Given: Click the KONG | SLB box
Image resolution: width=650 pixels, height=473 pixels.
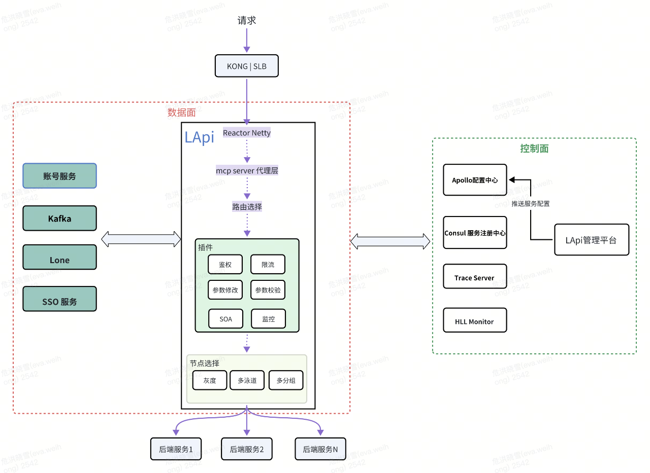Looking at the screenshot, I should coord(247,66).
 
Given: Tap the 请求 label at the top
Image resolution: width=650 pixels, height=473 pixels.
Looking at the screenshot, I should coord(247,21).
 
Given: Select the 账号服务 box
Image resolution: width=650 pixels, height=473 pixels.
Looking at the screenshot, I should coord(59,176).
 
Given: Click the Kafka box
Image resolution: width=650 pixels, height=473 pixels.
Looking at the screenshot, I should coord(59,219).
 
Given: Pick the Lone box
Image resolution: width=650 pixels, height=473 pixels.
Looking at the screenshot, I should coord(59,260).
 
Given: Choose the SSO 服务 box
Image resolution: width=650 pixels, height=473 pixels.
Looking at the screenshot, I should coord(59,301).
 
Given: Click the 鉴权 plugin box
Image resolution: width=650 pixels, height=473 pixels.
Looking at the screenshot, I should coord(225,264).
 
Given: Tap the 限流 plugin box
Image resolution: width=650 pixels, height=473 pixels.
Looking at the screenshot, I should coord(268,264).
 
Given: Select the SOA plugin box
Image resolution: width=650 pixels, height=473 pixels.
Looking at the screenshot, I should coord(225,319).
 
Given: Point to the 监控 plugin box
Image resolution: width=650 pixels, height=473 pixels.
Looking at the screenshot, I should coord(268,319).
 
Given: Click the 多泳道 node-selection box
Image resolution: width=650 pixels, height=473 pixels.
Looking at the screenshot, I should coord(247,380).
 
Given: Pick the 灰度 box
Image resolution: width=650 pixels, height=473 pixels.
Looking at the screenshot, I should coord(210,380).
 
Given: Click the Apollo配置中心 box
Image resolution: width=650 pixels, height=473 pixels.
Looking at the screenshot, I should coord(475,180).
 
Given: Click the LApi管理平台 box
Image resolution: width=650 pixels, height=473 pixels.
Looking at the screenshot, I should coord(591,240).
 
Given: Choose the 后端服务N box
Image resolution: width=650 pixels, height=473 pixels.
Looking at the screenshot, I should coord(320,449).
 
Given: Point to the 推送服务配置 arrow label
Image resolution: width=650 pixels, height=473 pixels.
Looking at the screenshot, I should coord(530,204).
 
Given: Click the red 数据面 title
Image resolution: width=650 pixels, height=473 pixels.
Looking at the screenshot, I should coord(181,113).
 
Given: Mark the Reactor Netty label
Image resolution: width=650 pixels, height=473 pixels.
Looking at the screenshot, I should coord(247,133).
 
